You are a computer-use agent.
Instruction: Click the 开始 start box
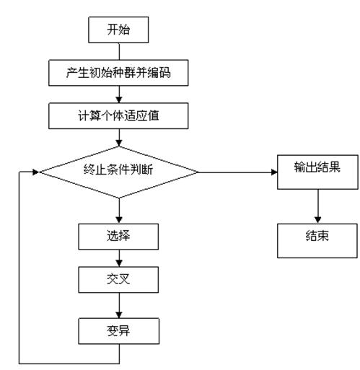[118, 30]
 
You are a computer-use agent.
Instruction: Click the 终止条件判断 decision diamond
[118, 172]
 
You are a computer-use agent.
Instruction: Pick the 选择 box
[118, 236]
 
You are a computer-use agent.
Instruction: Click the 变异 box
[118, 332]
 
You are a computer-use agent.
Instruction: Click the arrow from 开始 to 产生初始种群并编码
[118, 50]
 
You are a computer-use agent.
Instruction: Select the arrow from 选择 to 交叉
[118, 259]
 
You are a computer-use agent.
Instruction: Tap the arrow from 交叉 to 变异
[118, 307]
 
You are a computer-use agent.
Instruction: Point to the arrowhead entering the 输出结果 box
[274, 172]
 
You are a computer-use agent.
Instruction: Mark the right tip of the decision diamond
[198, 172]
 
